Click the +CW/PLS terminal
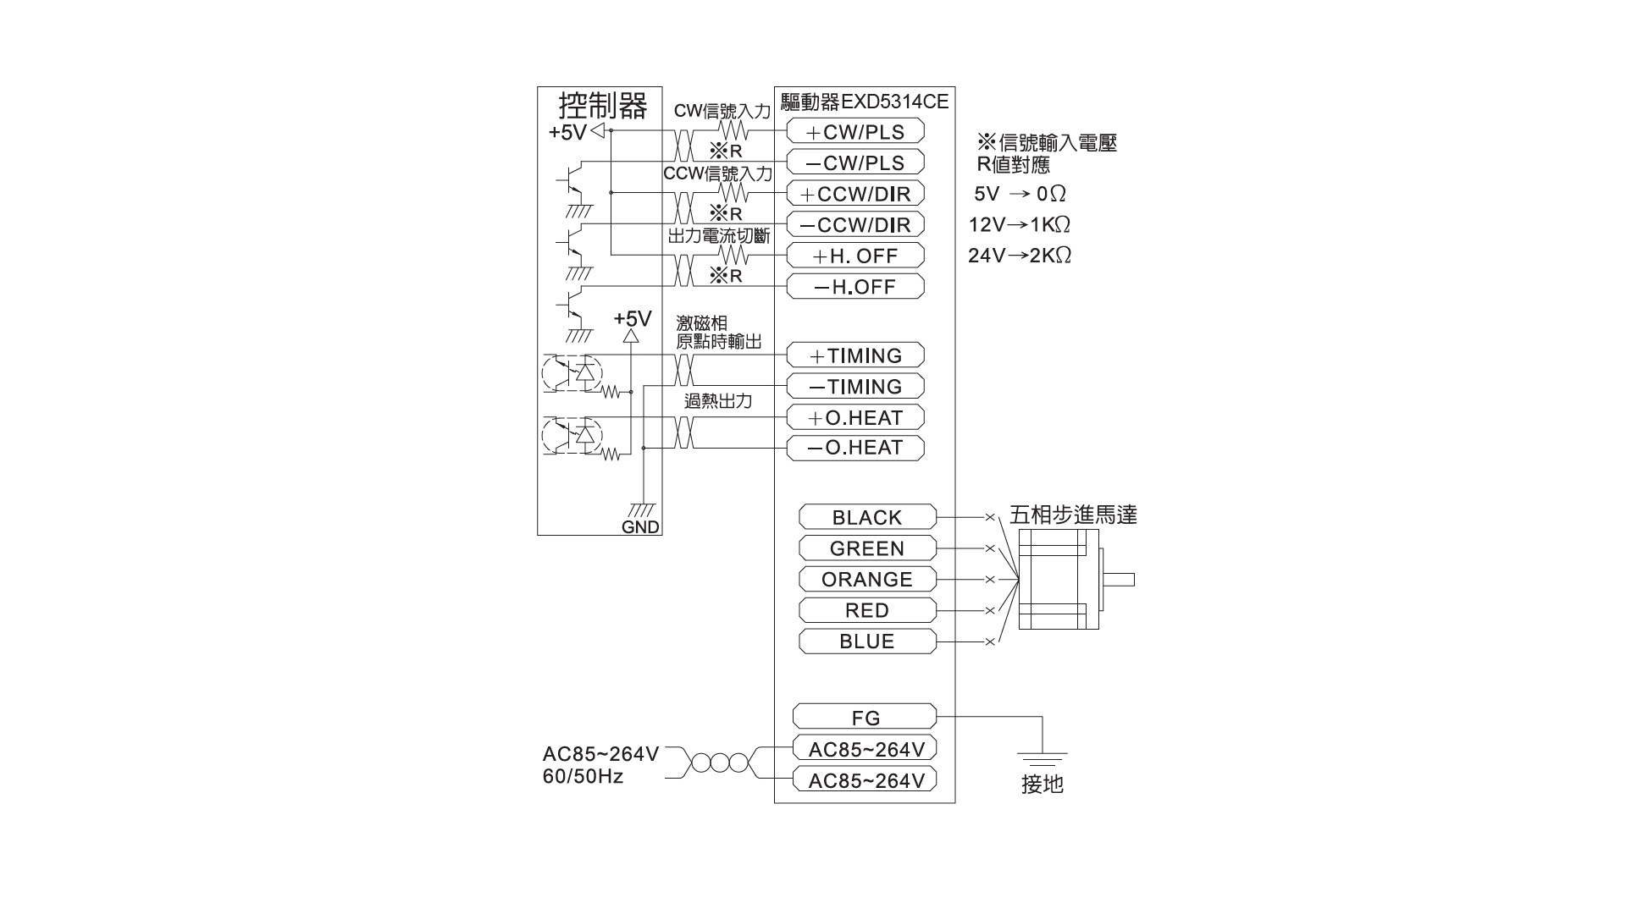point(855,131)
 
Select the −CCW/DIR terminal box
point(855,224)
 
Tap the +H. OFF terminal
point(855,256)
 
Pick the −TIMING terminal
point(855,387)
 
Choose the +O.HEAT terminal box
point(855,417)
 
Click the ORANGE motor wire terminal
point(868,579)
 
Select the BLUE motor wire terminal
point(868,641)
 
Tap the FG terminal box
point(865,717)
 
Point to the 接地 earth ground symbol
point(1042,759)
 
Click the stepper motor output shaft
point(1119,580)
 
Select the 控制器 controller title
point(603,106)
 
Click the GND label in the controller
point(640,527)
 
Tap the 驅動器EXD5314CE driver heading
point(865,102)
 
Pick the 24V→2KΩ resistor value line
point(1020,256)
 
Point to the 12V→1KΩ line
point(1020,225)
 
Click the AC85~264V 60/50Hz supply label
point(600,765)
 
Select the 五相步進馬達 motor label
point(1073,515)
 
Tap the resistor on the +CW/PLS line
point(733,131)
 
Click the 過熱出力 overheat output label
point(718,401)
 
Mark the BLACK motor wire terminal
point(868,517)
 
